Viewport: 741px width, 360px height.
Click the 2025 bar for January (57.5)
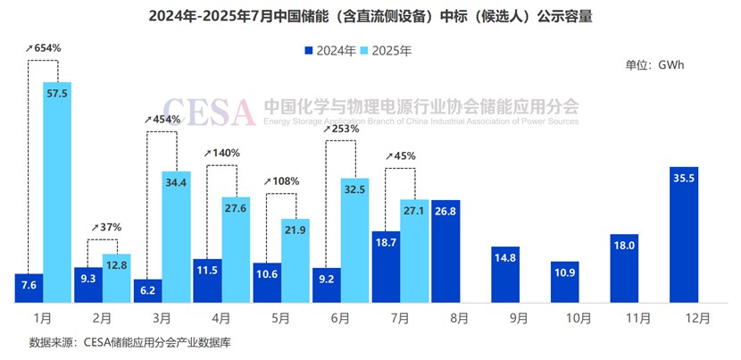tap(57, 192)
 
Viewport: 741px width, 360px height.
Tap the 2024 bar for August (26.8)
tap(445, 251)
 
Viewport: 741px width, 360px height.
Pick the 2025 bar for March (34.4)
tap(176, 236)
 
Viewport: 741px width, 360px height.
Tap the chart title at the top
tap(370, 16)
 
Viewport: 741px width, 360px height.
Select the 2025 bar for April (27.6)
tap(236, 249)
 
